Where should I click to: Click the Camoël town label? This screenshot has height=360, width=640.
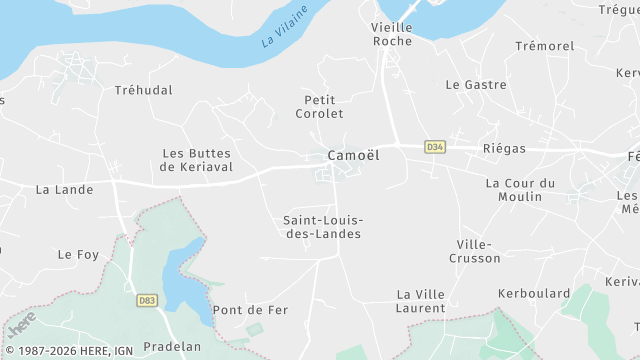[353, 156]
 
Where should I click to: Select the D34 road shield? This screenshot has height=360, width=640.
[434, 147]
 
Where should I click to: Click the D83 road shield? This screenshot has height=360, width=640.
[146, 300]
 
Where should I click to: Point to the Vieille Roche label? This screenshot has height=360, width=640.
[391, 34]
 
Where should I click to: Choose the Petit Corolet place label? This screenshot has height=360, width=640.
[319, 106]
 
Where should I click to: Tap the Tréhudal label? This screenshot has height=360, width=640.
[143, 90]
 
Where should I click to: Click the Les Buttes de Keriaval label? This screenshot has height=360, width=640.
[197, 160]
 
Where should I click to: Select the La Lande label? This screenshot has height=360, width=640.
[64, 189]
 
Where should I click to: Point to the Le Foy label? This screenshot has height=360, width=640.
[78, 255]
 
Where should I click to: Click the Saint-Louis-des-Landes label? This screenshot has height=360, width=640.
[322, 227]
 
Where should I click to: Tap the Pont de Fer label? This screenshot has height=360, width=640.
[250, 310]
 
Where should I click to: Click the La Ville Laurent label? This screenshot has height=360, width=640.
[420, 301]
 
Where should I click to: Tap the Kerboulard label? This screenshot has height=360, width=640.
[534, 294]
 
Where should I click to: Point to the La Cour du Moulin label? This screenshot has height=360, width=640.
[520, 190]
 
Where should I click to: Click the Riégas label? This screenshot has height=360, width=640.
[504, 148]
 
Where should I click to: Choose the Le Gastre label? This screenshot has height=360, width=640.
[469, 85]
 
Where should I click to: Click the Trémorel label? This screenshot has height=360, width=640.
[545, 47]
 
